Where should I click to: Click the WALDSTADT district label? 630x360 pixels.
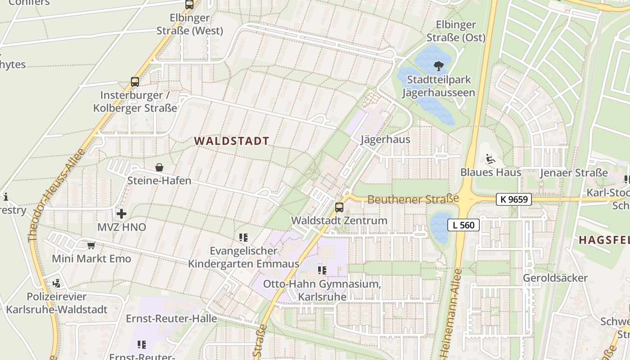[231, 141]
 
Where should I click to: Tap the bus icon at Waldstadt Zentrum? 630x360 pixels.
[339, 207]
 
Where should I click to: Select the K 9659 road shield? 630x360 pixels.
[514, 199]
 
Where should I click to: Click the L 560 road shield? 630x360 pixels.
[463, 225]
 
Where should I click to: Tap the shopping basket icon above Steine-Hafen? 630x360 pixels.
[159, 168]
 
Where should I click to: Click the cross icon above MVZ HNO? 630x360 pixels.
[121, 213]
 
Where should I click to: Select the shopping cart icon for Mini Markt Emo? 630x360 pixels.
[91, 246]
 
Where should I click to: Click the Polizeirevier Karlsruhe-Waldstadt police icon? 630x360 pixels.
[57, 283]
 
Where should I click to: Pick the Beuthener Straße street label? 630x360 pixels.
[413, 199]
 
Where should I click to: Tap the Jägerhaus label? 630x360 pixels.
[386, 139]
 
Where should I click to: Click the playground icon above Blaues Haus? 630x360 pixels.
[490, 159]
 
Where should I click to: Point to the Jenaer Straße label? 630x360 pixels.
[574, 173]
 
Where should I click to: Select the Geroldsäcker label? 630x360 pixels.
[555, 278]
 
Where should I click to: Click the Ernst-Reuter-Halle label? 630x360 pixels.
[171, 319]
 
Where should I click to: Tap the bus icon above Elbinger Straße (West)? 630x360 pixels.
[189, 5]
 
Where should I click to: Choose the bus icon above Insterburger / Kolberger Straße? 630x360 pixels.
[135, 82]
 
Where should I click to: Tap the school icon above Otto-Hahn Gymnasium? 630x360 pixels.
[322, 270]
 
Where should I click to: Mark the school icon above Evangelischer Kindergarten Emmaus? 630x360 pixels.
[243, 237]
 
